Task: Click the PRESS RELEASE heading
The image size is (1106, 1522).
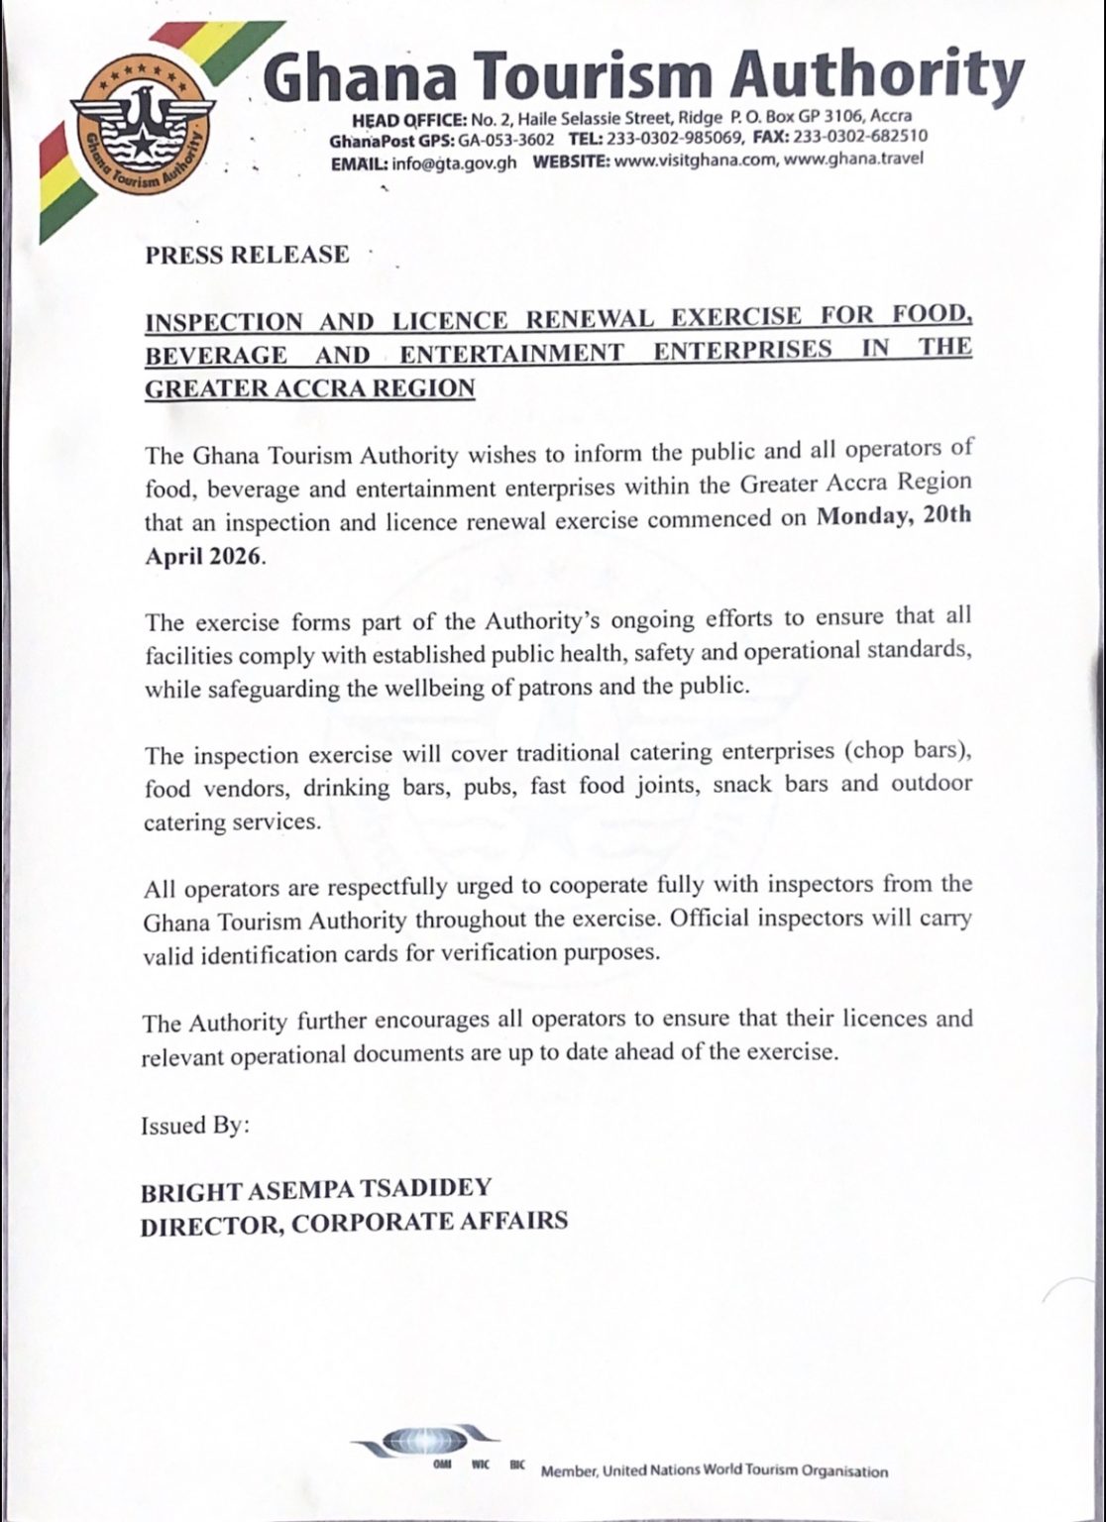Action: click(247, 255)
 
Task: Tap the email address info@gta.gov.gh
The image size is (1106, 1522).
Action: click(454, 163)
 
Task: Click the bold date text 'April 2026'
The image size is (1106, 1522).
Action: click(205, 556)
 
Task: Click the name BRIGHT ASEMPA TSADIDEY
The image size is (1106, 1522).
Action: click(316, 1187)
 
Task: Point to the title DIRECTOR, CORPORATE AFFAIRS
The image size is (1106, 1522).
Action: click(354, 1222)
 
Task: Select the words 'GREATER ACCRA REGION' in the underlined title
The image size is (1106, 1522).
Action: click(309, 388)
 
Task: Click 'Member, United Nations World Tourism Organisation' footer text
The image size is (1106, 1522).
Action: click(714, 1471)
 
